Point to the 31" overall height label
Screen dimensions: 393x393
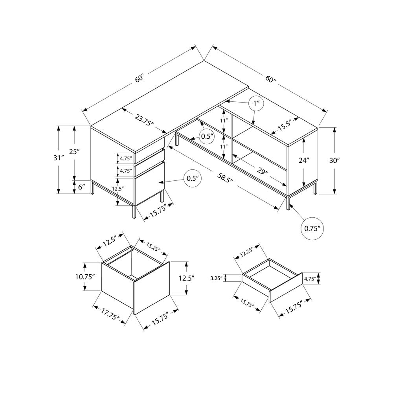pos(59,158)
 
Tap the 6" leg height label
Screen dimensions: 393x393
pos(82,187)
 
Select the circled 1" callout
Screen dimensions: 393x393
pos(257,104)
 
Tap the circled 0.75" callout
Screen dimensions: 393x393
pos(312,228)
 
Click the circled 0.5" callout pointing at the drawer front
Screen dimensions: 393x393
pos(192,178)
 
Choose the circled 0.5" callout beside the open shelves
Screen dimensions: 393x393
pos(207,136)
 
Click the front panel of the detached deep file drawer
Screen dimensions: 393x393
pos(152,288)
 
